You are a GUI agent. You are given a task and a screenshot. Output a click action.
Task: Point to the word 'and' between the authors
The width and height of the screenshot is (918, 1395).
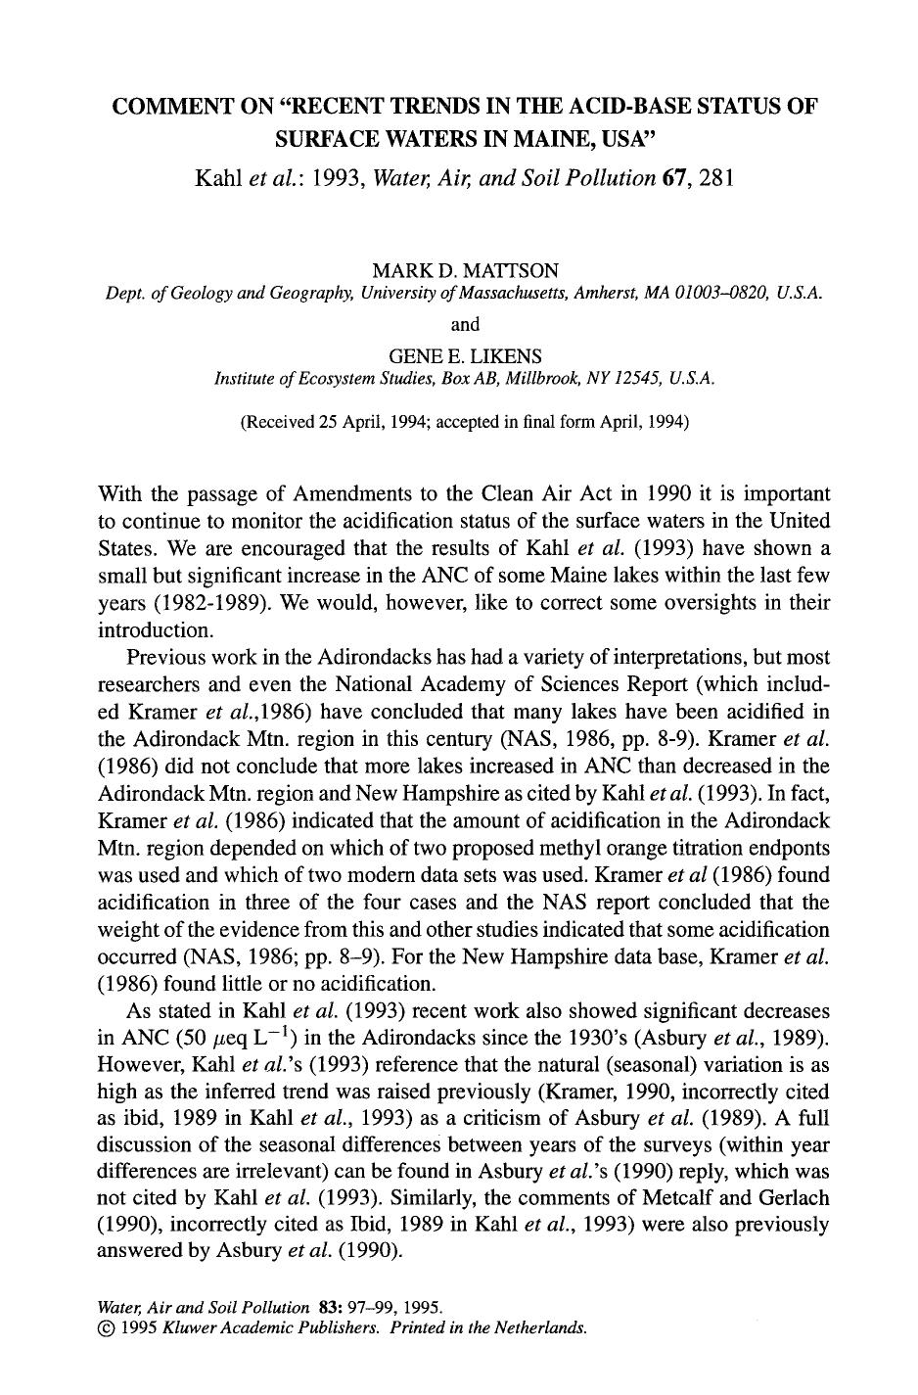pyautogui.click(x=465, y=323)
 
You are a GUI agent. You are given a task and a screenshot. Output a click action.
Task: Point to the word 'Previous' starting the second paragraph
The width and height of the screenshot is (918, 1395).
pyautogui.click(x=166, y=656)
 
